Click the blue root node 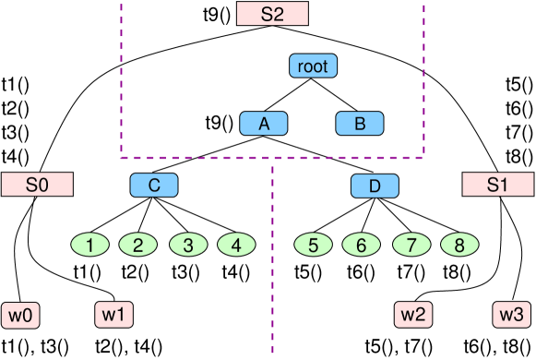click(313, 66)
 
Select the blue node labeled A click(264, 124)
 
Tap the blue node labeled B click(360, 124)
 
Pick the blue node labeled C click(154, 186)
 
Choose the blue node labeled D click(375, 186)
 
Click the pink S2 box click(272, 14)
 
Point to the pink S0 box click(37, 184)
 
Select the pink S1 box click(497, 185)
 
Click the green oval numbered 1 click(90, 246)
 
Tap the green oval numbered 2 click(138, 246)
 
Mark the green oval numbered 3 click(187, 246)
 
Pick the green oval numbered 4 click(236, 246)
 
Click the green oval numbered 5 click(313, 246)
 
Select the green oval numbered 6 click(362, 246)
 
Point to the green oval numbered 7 click(411, 246)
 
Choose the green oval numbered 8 click(459, 246)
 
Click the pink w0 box click(21, 314)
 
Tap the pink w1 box click(114, 314)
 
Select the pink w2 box click(413, 314)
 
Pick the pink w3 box click(512, 314)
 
